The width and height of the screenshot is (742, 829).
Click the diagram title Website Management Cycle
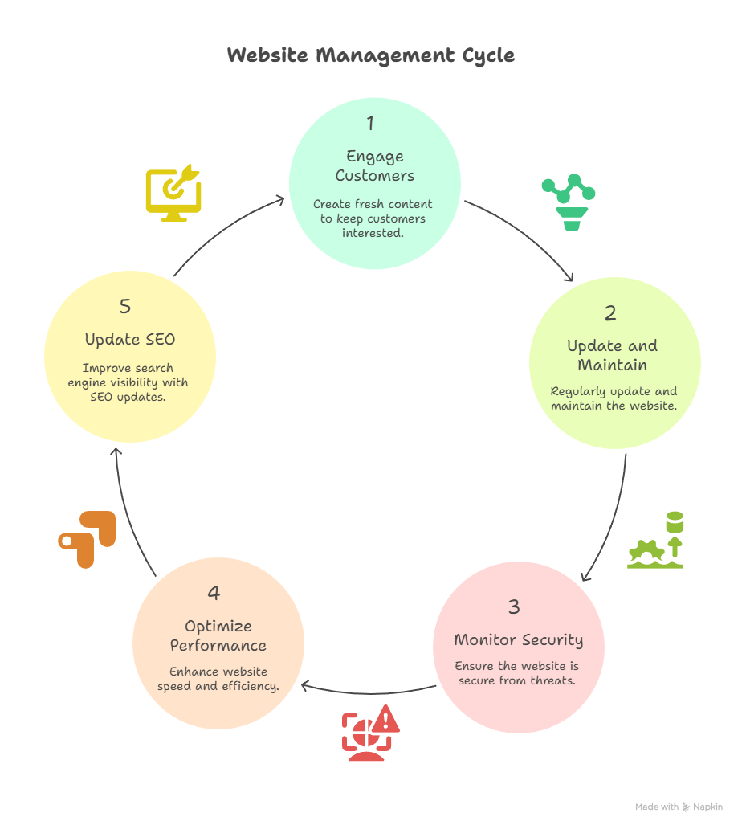[x=370, y=55]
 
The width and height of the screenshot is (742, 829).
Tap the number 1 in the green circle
[x=370, y=124]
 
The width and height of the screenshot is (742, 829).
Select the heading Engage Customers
[x=375, y=165]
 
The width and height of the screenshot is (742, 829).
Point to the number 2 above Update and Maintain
[x=610, y=313]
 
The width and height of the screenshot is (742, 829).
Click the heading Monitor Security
[x=518, y=640]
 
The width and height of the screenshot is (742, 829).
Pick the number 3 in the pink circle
[x=514, y=606]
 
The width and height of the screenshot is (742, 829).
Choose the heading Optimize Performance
[x=218, y=635]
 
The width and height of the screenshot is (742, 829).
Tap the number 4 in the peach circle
[x=214, y=593]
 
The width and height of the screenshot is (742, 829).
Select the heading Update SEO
[x=130, y=340]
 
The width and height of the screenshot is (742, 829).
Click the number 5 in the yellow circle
[x=125, y=307]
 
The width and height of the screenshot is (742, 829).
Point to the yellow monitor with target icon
[x=173, y=193]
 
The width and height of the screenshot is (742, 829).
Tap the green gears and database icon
[x=656, y=540]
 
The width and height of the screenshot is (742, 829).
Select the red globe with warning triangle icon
[x=370, y=732]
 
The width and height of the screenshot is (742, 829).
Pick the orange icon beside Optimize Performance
[x=88, y=539]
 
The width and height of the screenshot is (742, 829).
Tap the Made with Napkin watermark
[x=679, y=807]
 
